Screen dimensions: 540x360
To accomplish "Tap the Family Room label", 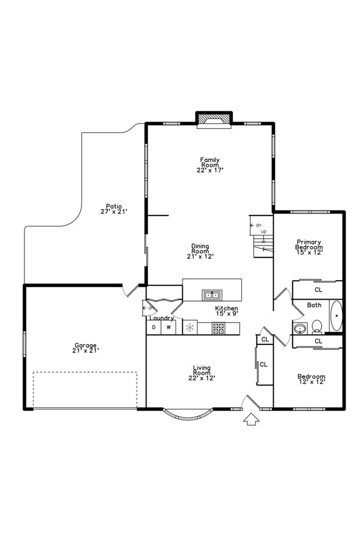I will [210, 164].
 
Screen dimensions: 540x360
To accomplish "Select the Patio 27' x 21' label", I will [114, 208].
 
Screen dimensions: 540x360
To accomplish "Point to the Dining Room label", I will [200, 251].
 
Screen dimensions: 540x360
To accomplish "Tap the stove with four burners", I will [218, 328].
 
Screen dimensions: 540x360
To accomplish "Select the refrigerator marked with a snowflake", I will [190, 328].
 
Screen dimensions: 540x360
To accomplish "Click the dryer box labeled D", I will [153, 328].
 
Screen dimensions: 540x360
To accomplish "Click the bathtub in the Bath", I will [336, 316].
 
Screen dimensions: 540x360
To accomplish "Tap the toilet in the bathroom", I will [317, 326].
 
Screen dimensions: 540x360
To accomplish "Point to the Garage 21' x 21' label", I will [85, 347].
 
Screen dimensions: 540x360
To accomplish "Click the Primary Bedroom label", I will [309, 246].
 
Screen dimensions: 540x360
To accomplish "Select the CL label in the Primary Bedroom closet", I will [318, 289].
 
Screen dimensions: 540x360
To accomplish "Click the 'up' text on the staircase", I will [264, 231].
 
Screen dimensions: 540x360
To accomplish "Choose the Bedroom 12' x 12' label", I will [311, 379].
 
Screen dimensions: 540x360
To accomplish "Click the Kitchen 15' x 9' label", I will [227, 311].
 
